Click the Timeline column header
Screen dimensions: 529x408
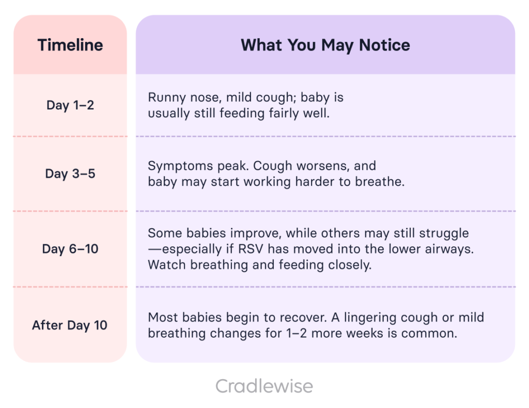point(70,45)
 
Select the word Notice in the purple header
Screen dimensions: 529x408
point(384,45)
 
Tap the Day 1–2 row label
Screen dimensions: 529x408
point(70,105)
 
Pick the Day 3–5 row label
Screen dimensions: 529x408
point(70,174)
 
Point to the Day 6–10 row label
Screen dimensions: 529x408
point(70,249)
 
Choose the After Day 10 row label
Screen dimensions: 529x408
point(70,325)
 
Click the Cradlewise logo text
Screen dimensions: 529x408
point(264,386)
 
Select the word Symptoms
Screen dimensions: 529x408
point(180,166)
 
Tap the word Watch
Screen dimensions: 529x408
point(167,265)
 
